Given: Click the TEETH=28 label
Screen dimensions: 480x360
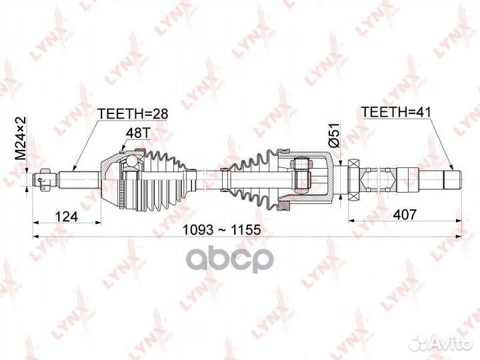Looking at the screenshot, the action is [133, 113].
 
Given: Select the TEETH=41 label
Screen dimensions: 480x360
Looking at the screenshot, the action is [396, 112].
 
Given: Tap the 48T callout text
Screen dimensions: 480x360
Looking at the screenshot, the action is [137, 133].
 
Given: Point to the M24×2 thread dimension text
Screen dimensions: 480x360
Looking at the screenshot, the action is [21, 138].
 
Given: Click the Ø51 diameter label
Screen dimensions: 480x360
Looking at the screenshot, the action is [335, 135].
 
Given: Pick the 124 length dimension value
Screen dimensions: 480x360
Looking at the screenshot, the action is [66, 216].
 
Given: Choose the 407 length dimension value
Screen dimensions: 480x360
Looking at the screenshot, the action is [405, 215].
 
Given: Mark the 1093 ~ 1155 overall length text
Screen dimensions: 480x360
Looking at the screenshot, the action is [221, 229].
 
